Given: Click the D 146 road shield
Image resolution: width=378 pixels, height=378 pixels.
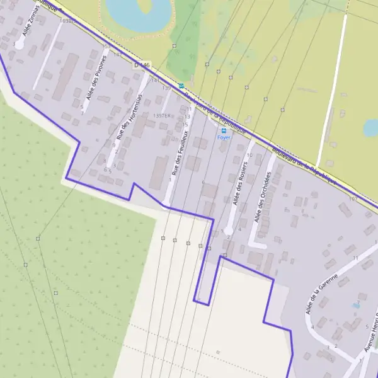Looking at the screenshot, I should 142,65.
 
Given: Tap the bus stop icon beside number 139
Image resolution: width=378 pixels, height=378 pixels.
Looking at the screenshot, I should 181,86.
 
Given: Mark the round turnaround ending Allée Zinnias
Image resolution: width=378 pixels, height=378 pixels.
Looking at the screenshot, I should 20,45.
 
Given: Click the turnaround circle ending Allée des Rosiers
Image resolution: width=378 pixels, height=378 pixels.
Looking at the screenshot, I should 229,231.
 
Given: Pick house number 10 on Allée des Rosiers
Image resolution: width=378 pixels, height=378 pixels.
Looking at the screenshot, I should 250,155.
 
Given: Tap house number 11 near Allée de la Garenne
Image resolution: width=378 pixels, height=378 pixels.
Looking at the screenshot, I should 356,258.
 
